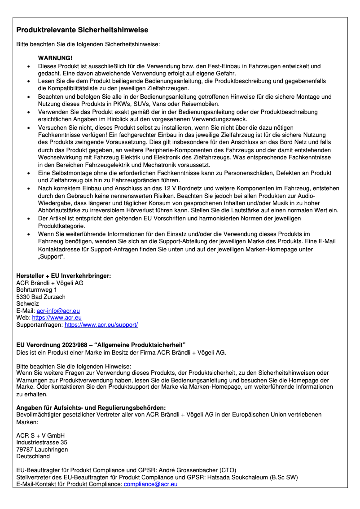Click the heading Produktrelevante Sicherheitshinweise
click(82, 30)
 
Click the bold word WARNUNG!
click(55, 58)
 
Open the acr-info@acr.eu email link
click(58, 311)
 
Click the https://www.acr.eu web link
click(57, 317)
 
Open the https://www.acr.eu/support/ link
click(101, 325)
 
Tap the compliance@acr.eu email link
click(151, 484)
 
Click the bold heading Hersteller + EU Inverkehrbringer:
click(63, 276)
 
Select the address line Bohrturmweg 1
click(36, 290)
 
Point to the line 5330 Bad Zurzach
click(41, 297)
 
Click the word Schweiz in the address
click(27, 303)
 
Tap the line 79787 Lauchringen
click(42, 449)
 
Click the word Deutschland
click(33, 456)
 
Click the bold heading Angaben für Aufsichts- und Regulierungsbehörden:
click(91, 408)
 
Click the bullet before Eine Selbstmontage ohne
click(29, 173)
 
